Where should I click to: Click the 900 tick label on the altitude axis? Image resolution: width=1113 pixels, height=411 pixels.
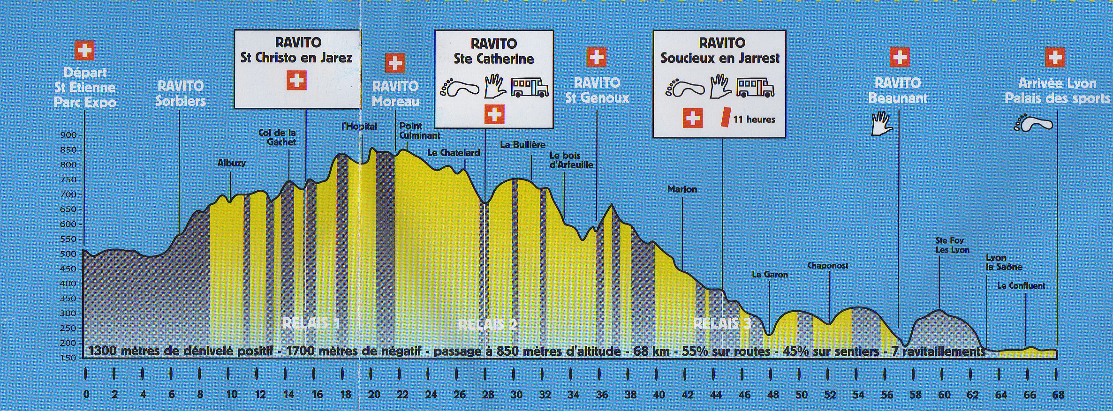68,135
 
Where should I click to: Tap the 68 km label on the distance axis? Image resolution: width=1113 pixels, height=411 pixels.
1058,395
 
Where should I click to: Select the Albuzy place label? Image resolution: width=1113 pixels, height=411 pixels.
231,163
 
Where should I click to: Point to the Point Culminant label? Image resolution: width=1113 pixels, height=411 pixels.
419,131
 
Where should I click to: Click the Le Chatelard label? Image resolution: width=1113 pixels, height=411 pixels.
454,153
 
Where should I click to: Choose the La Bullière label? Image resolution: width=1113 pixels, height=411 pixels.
522,145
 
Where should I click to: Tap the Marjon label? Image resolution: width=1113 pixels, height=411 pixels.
682,189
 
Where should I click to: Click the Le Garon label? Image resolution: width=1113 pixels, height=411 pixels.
770,275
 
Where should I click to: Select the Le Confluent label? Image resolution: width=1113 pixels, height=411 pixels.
1021,286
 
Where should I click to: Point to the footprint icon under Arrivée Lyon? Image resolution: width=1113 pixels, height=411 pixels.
1033,123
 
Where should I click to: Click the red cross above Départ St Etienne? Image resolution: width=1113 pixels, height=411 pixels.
84,50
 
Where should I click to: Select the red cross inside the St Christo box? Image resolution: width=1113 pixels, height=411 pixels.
296,80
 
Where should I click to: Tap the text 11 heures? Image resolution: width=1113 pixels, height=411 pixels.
754,120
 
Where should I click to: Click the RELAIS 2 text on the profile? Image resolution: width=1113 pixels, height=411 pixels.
487,324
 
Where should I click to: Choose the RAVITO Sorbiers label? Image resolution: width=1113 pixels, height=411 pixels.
181,93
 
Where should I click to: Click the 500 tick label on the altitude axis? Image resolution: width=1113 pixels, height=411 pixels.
68,254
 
